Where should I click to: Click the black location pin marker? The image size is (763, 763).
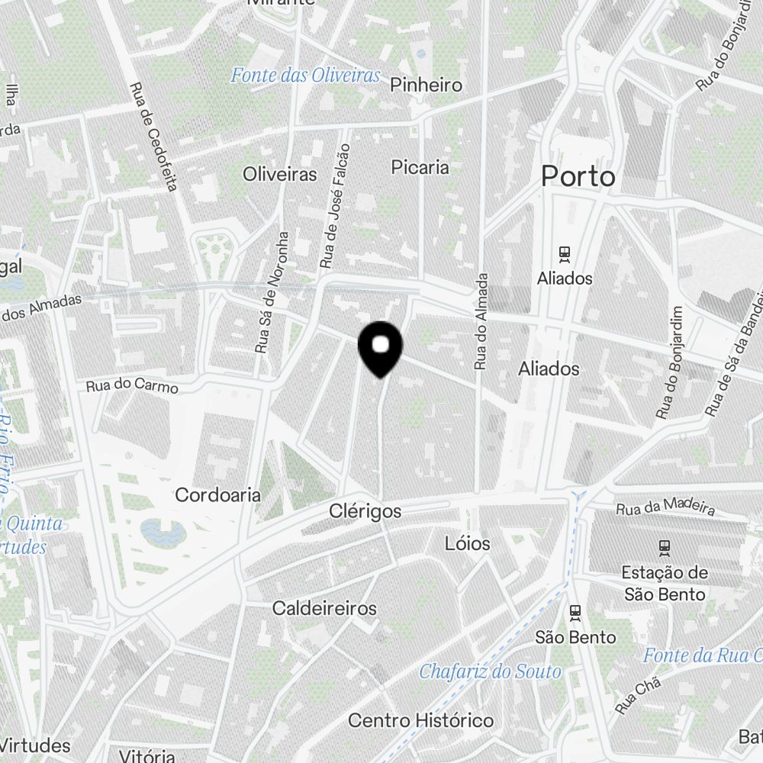(380, 348)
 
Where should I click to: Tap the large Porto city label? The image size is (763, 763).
(578, 177)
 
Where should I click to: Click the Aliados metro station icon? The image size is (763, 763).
(565, 253)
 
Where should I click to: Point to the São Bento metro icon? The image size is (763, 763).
(575, 612)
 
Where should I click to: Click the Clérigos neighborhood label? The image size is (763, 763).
(365, 511)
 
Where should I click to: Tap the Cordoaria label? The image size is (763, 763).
(217, 495)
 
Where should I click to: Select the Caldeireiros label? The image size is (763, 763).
(324, 609)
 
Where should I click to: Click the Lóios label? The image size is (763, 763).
(468, 544)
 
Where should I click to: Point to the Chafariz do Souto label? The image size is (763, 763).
(490, 671)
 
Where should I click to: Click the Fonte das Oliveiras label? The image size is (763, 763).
(305, 76)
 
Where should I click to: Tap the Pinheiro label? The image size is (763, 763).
(426, 85)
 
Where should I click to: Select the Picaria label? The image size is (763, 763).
(420, 167)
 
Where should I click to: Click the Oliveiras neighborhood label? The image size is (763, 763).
(279, 175)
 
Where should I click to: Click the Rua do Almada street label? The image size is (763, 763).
(481, 321)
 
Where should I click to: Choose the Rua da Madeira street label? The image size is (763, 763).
(665, 506)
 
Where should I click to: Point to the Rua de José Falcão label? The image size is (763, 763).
(336, 206)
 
